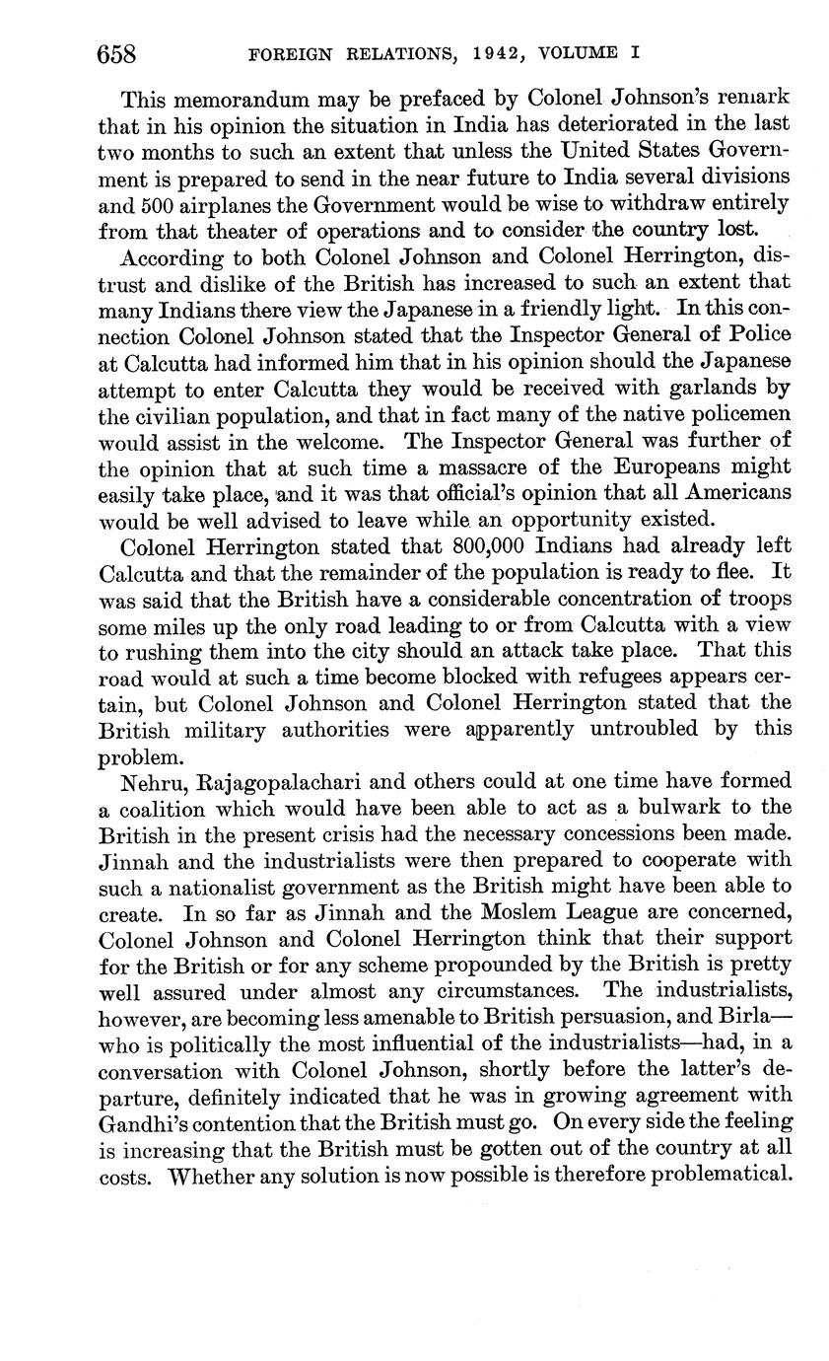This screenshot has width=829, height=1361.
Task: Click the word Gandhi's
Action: pyautogui.click(x=154, y=1122)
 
